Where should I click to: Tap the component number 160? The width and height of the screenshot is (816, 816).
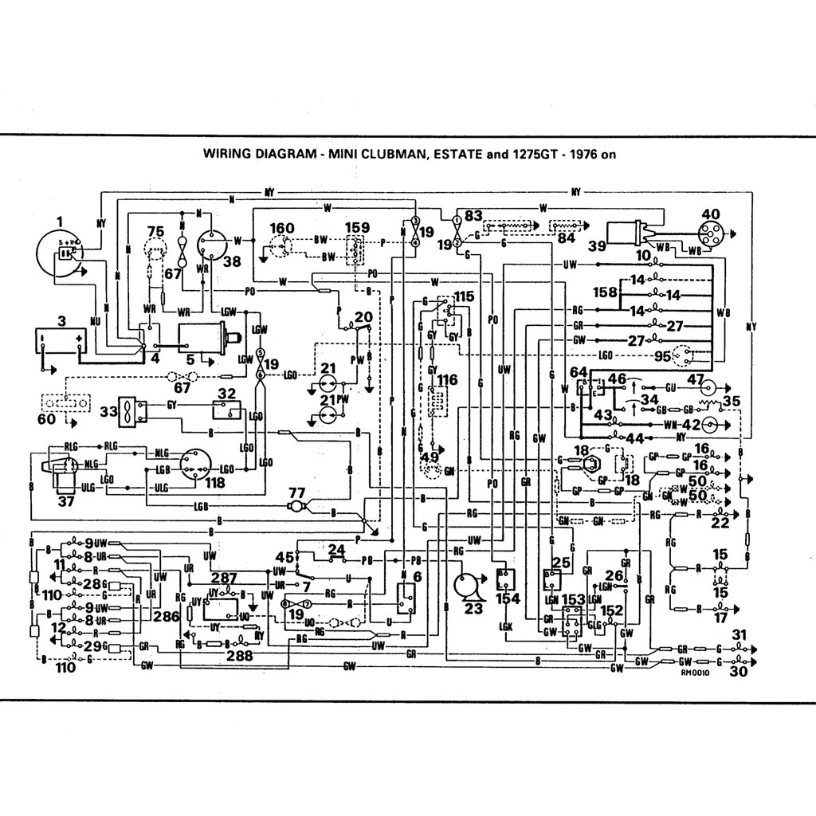pos(281,228)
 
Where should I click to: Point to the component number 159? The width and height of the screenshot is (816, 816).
pos(356,228)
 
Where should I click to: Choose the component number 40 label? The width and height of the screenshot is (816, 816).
pos(710,214)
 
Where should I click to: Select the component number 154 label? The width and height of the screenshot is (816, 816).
pos(508,598)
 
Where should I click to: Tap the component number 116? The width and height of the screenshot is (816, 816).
pos(446,380)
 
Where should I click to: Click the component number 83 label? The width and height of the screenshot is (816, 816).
pos(474,214)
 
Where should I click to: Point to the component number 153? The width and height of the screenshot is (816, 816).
pos(572,598)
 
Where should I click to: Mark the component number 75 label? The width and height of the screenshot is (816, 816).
pos(156,231)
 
